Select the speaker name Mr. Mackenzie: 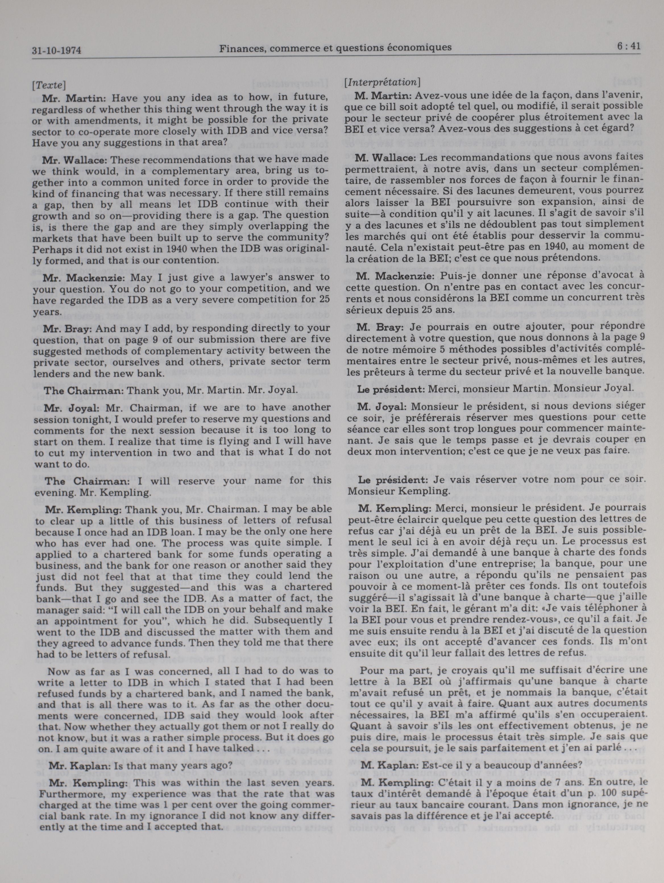(x=82, y=277)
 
